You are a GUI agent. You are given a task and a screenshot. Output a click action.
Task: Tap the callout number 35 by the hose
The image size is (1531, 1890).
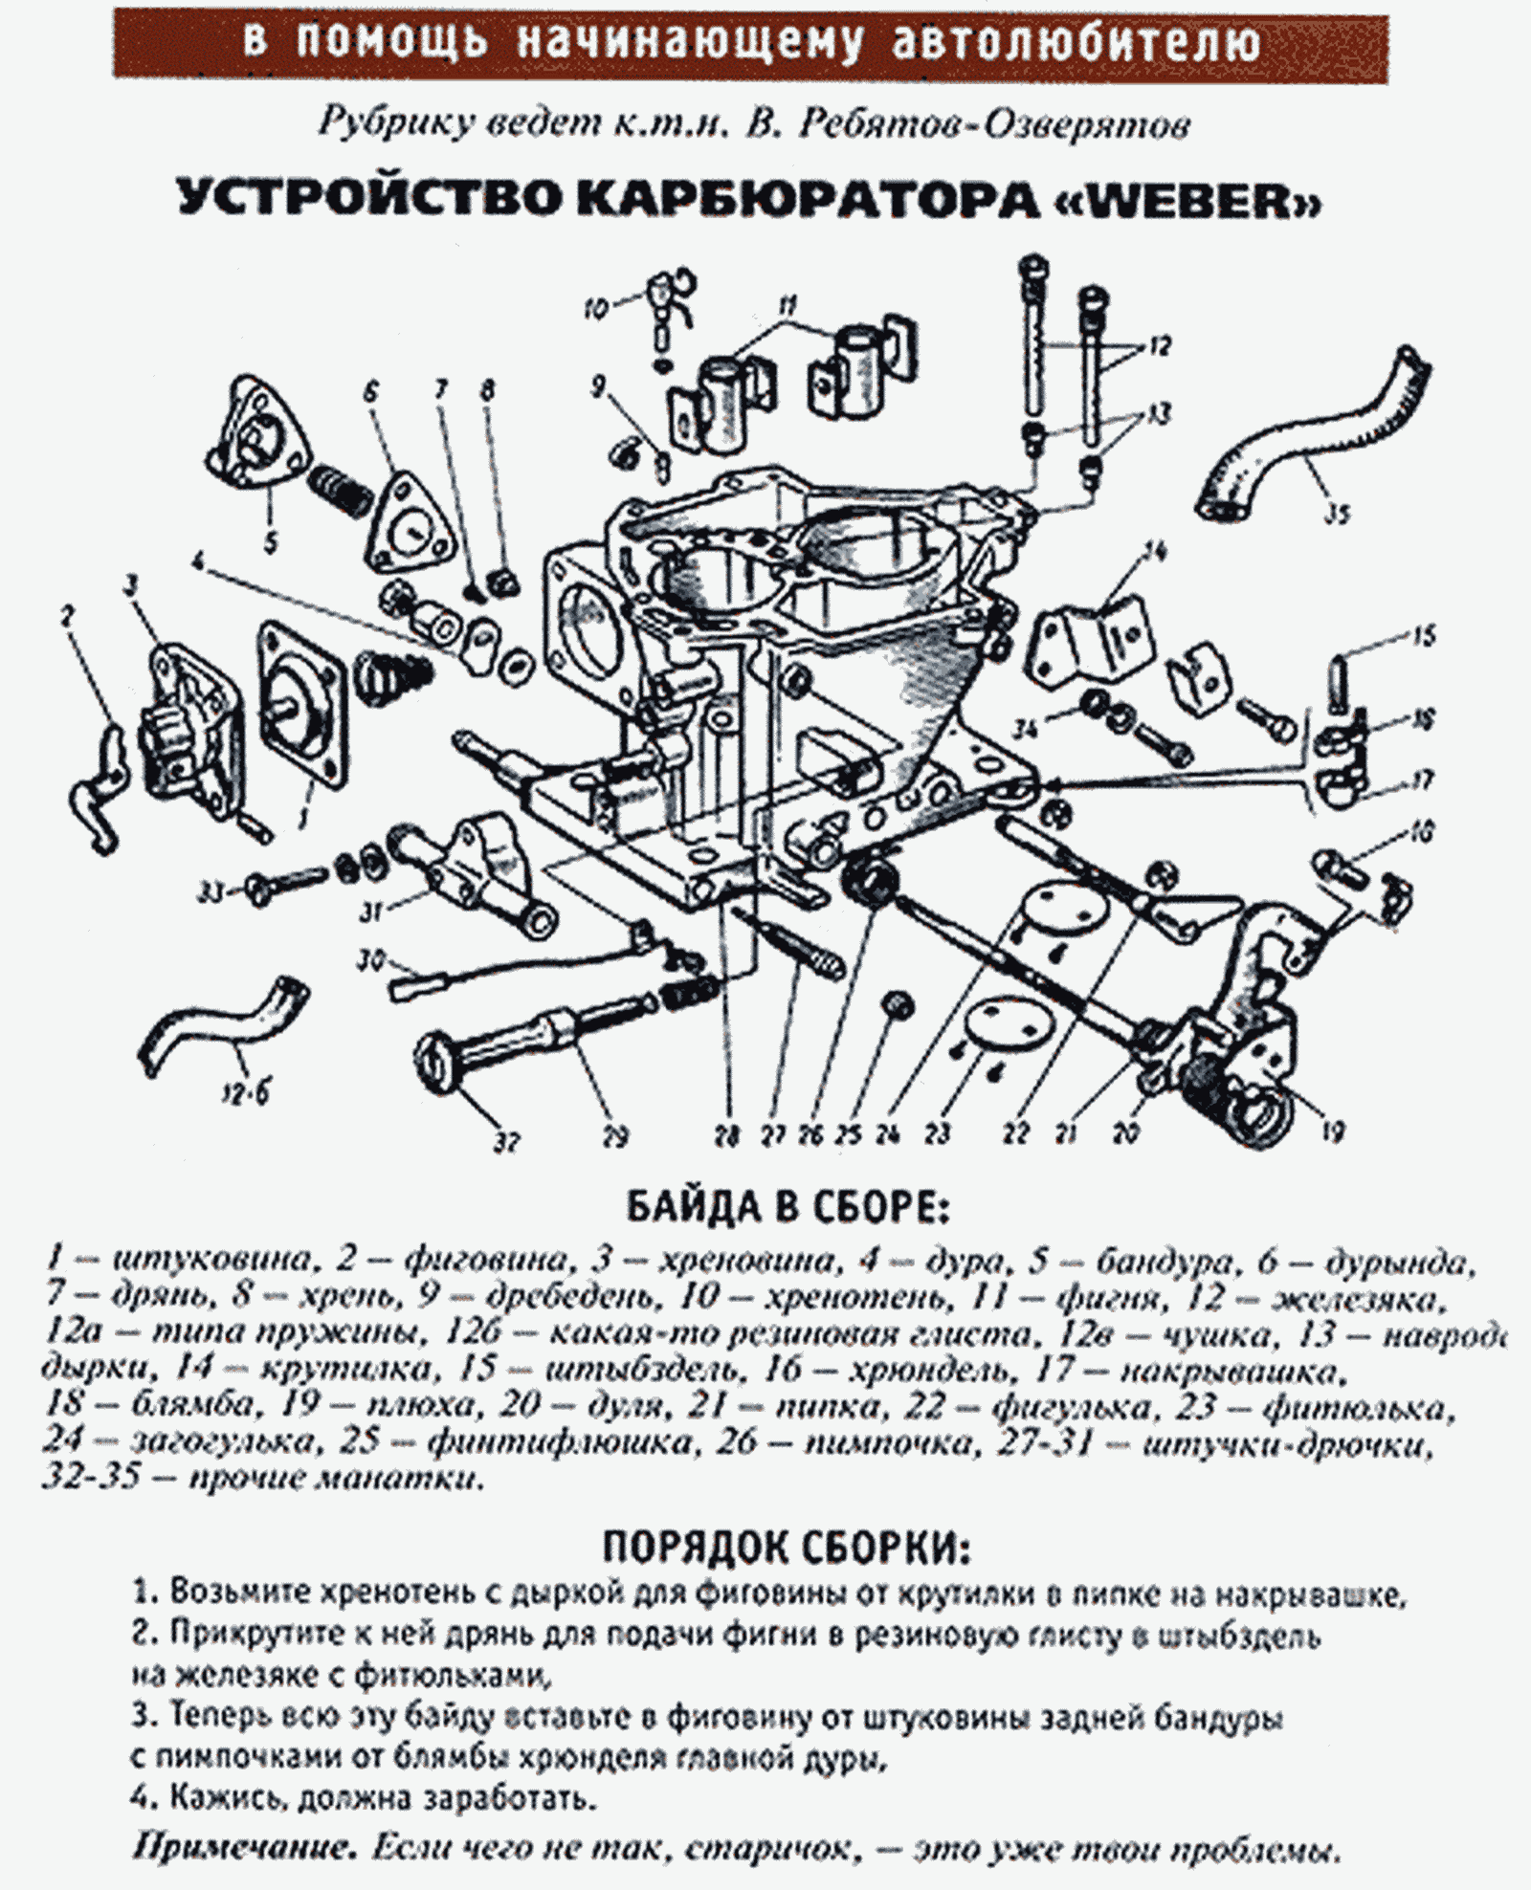[1337, 514]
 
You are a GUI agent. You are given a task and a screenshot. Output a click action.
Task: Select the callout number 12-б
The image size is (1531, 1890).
[246, 1091]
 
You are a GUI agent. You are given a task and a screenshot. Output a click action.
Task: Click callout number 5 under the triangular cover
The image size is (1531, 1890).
[271, 542]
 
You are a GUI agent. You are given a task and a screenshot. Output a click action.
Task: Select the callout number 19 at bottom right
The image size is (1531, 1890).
[1333, 1132]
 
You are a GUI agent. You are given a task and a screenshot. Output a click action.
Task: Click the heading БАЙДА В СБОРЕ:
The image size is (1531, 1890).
[787, 1208]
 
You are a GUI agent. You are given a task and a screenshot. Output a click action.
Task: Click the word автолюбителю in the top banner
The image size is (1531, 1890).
[1076, 40]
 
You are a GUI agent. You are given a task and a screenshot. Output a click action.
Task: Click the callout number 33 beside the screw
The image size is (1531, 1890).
[210, 892]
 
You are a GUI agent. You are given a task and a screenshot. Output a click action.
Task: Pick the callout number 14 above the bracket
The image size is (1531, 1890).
[1155, 552]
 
